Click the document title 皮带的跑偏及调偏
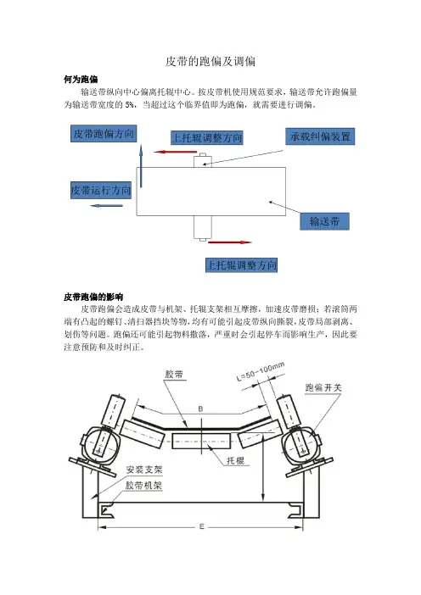coord(210,61)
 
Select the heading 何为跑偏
coord(81,80)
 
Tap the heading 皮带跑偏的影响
coord(93,297)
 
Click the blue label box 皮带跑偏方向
coord(104,134)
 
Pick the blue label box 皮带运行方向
coord(101,190)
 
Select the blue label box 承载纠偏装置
coord(320,136)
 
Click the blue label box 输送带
coord(324,221)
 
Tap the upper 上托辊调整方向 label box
coord(207,137)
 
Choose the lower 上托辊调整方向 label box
coord(241,264)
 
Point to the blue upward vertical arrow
coord(141,166)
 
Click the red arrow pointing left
coord(175,152)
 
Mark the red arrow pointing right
coord(230,242)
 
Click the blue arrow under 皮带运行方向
coord(107,206)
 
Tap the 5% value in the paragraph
coord(130,105)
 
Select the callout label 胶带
coord(174,374)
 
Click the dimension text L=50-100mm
coord(261,371)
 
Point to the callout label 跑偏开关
coord(323,387)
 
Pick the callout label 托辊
coord(236,461)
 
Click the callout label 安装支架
coord(144,470)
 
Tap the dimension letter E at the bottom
coord(202,526)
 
